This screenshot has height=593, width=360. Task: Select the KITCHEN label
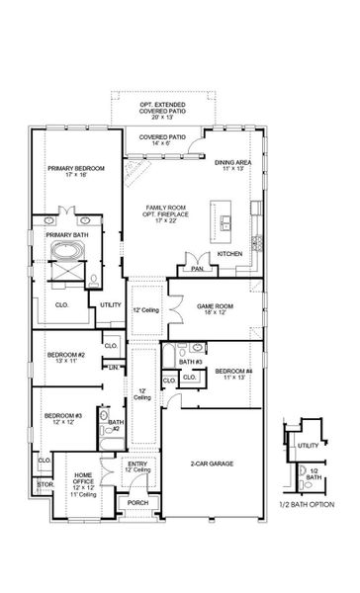[229, 254]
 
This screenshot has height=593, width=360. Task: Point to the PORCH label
[138, 503]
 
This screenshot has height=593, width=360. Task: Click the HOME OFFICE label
[85, 482]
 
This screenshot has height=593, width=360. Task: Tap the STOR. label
[45, 485]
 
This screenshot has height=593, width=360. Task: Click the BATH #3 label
[194, 363]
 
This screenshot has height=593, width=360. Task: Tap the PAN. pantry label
[197, 268]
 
